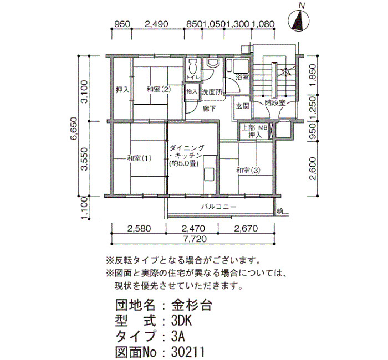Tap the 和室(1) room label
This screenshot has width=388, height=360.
coord(139,158)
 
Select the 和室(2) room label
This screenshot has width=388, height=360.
coord(159,89)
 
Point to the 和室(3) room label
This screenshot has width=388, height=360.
coord(248,171)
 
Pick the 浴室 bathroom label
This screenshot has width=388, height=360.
coord(242,78)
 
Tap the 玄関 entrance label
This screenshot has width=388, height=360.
coord(243,106)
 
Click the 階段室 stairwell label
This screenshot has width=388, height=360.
coord(275,102)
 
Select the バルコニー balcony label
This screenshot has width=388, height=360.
coord(218,207)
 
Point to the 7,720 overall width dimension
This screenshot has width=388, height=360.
coord(195,239)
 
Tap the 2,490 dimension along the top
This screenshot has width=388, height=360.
coord(156,24)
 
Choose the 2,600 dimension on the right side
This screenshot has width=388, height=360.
coord(313,168)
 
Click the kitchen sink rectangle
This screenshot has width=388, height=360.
coord(209,174)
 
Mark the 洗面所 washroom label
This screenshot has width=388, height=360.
coord(212,92)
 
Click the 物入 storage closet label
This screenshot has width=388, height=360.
coord(192,91)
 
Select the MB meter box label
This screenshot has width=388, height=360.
coord(263,128)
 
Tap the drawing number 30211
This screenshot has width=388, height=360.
coord(188,352)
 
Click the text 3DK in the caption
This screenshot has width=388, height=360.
coord(181,321)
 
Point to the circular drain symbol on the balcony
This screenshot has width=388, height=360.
coord(279,210)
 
